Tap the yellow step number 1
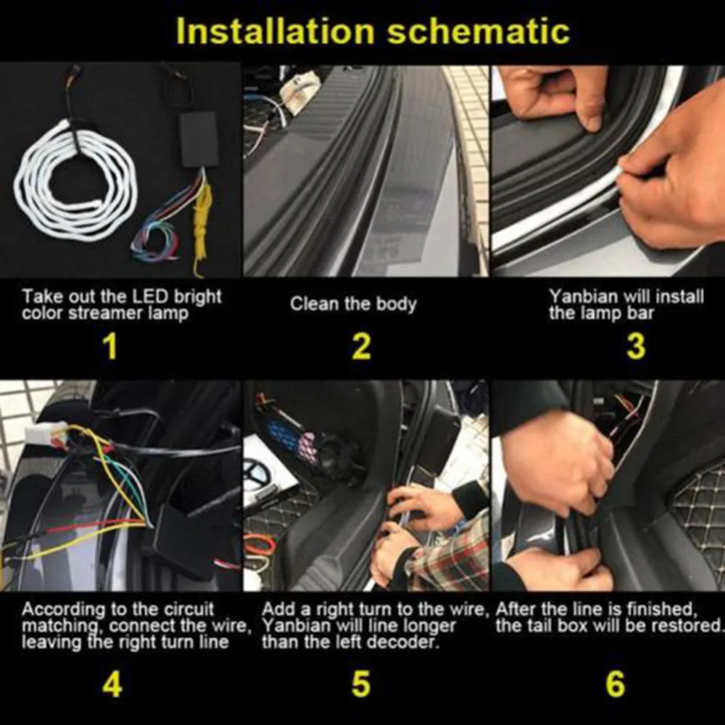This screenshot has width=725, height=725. point(110,347)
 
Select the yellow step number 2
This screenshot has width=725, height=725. point(361,347)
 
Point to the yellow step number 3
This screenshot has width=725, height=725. point(636,347)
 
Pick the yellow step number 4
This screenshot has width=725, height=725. point(112,684)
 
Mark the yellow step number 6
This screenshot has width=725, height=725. point(615,684)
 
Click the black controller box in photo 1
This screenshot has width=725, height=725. point(199,139)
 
